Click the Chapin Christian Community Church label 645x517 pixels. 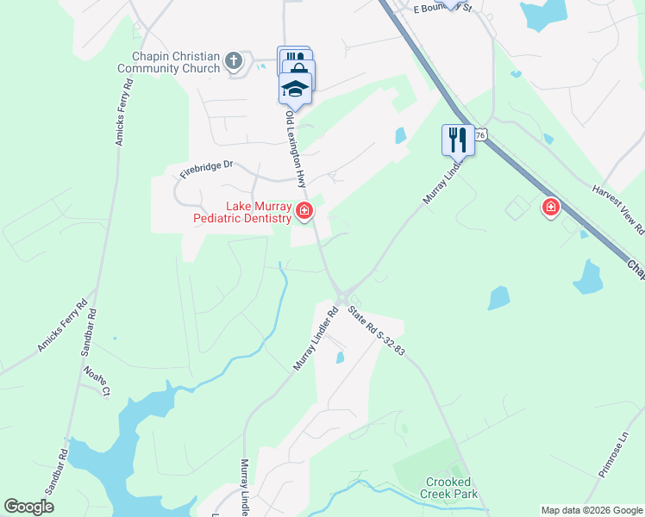171,62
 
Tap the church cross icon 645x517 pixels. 233,61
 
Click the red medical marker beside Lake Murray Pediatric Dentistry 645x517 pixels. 304,210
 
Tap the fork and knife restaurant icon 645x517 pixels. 458,140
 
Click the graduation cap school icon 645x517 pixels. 295,89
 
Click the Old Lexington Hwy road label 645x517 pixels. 296,148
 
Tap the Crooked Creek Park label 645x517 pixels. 448,488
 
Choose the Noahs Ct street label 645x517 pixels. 97,380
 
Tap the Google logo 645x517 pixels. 28,507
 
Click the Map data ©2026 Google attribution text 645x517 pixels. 592,510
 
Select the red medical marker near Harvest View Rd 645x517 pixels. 550,207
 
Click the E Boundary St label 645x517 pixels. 443,9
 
